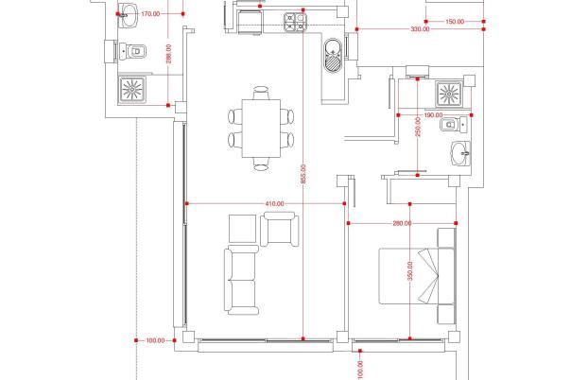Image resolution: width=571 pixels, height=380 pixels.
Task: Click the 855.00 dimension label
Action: (303, 174)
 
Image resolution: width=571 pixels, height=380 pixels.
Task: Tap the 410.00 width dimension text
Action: (274, 204)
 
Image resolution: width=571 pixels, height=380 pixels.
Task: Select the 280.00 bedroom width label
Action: (402, 223)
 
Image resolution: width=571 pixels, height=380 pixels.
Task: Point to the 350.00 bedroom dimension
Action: (410, 270)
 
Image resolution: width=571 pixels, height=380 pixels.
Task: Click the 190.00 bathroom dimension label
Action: (433, 115)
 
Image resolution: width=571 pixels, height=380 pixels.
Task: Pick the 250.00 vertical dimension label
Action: (418, 127)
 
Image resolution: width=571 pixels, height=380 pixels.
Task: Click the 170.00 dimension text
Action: (150, 14)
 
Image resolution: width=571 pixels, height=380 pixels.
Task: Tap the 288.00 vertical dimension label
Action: (168, 54)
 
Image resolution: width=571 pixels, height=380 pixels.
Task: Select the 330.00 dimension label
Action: (421, 29)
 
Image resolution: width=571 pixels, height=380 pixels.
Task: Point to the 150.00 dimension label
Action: (455, 22)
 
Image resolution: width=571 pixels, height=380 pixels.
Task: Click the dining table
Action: (261, 129)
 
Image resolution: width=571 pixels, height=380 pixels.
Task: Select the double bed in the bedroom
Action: (417, 276)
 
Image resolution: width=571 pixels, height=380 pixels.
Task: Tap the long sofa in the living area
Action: (241, 280)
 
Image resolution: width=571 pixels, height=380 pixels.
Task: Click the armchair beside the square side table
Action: (280, 229)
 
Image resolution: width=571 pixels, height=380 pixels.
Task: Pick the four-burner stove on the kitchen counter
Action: (295, 22)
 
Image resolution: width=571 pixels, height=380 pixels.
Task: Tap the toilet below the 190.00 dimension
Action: (454, 125)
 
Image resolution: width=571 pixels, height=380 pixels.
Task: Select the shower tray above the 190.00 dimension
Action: (449, 95)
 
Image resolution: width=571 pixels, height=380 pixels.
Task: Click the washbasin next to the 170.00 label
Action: (129, 15)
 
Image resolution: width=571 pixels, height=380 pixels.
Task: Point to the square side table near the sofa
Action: (243, 229)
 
